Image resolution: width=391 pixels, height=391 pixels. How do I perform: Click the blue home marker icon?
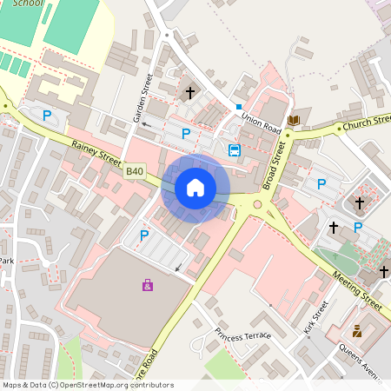pyautogui.click(x=195, y=188)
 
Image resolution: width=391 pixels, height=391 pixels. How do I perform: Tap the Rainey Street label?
pyautogui.click(x=96, y=156)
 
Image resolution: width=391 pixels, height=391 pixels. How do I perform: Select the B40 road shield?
pyautogui.click(x=135, y=172)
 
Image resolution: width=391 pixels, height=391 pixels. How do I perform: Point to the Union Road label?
pyautogui.click(x=262, y=123)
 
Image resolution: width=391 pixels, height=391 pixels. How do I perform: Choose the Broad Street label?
pyautogui.click(x=275, y=165)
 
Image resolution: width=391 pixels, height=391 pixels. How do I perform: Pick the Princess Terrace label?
pyautogui.click(x=243, y=335)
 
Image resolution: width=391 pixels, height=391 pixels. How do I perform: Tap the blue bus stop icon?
pyautogui.click(x=234, y=150)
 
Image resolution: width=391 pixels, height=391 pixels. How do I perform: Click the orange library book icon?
pyautogui.click(x=294, y=120)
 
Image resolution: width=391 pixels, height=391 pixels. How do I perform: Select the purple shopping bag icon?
pyautogui.click(x=147, y=284)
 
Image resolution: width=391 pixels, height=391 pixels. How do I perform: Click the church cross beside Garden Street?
pyautogui.click(x=190, y=92)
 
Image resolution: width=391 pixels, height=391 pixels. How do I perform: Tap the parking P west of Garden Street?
pyautogui.click(x=48, y=115)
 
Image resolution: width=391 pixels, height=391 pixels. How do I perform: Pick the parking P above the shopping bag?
pyautogui.click(x=144, y=235)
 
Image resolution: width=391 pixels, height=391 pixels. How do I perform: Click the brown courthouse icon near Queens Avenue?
pyautogui.click(x=356, y=331)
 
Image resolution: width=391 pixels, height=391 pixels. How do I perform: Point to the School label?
pyautogui.click(x=27, y=3)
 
